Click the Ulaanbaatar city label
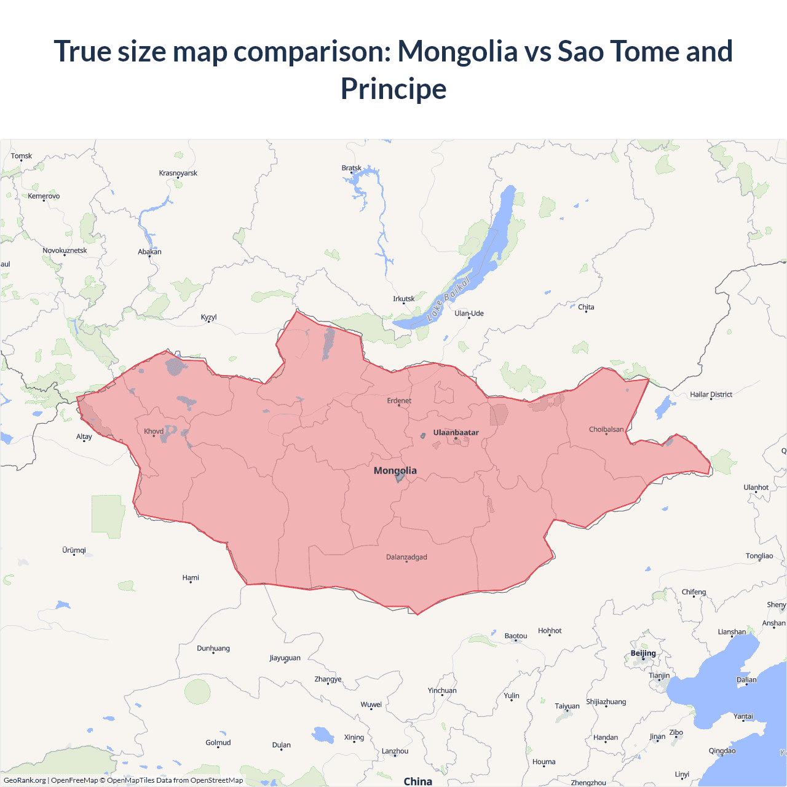pos(456,432)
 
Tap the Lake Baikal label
pos(449,299)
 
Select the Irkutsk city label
pos(403,299)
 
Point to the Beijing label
pos(643,653)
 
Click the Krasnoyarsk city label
pos(178,173)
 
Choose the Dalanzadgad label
pos(406,557)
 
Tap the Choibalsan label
pos(606,429)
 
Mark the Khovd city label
pos(154,431)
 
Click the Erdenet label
pos(399,400)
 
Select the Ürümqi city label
pos(74,550)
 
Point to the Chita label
pos(586,307)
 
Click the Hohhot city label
pos(550,630)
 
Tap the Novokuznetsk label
pos(65,250)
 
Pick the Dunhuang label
pos(213,648)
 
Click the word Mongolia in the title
pos(457,51)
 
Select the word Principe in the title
pos(393,89)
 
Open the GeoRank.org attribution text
pos(25,780)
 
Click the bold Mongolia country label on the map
pos(395,470)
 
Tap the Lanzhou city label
pos(395,751)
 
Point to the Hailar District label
pos(711,394)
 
